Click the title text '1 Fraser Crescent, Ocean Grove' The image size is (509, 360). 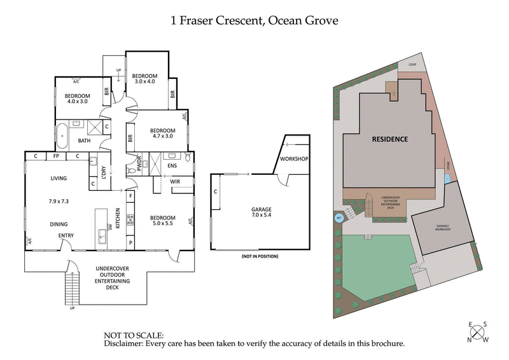[254, 21]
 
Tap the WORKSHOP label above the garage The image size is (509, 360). [294, 158]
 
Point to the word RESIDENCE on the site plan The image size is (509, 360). [389, 139]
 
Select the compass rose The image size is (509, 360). [478, 332]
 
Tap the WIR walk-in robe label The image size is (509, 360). [175, 182]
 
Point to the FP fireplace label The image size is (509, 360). [56, 156]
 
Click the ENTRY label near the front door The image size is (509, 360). [66, 236]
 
